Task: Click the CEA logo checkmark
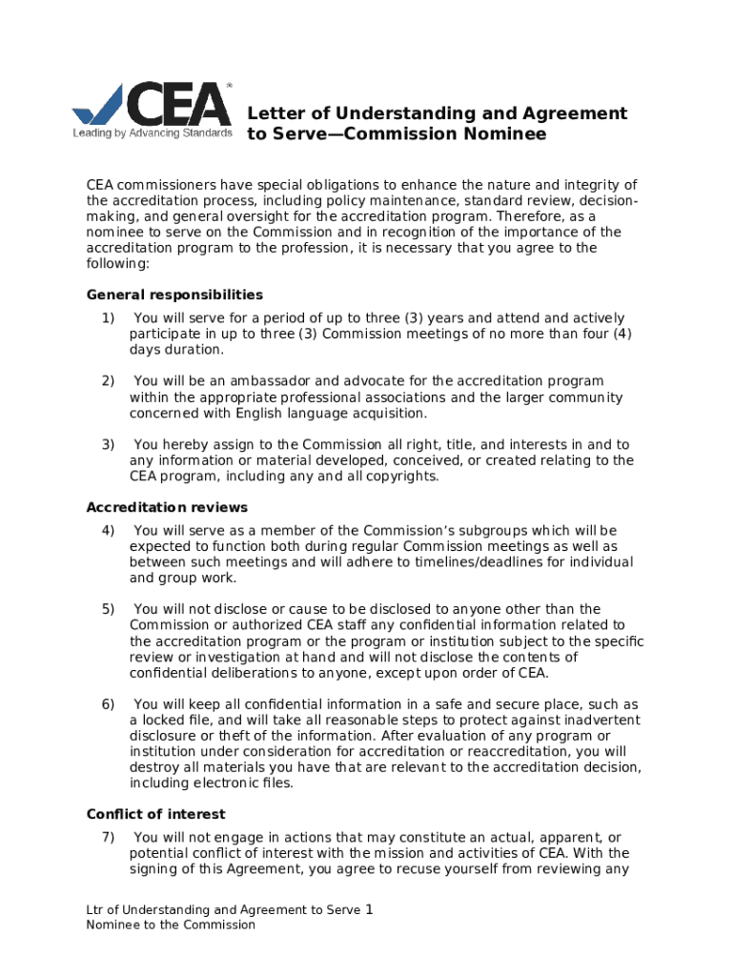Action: point(99,104)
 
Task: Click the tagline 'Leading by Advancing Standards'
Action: point(153,133)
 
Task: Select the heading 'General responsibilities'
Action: point(174,295)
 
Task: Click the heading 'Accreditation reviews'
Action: point(167,507)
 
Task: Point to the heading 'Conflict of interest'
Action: point(155,814)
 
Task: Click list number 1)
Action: point(108,317)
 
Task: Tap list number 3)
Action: point(108,444)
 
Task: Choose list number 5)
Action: point(108,609)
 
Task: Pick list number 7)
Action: point(108,837)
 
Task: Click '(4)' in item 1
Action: point(621,334)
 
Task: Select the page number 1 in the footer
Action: point(369,909)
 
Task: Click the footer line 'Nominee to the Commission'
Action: point(171,925)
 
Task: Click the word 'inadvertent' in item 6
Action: point(571,720)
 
